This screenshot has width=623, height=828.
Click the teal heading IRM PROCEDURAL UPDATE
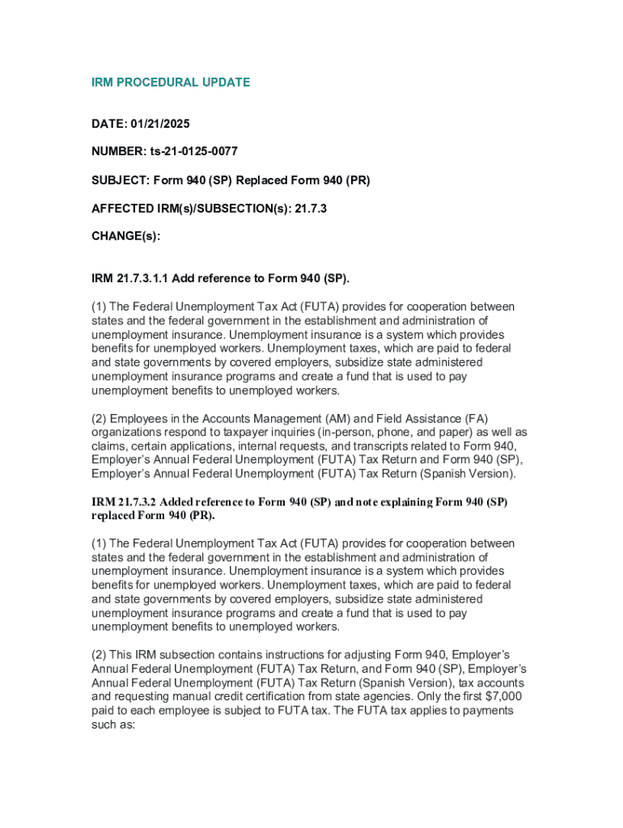tap(171, 82)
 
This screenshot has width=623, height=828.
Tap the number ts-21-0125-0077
tap(193, 151)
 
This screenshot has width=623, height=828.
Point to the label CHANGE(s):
tap(126, 235)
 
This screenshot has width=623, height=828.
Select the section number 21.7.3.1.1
tap(143, 278)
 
